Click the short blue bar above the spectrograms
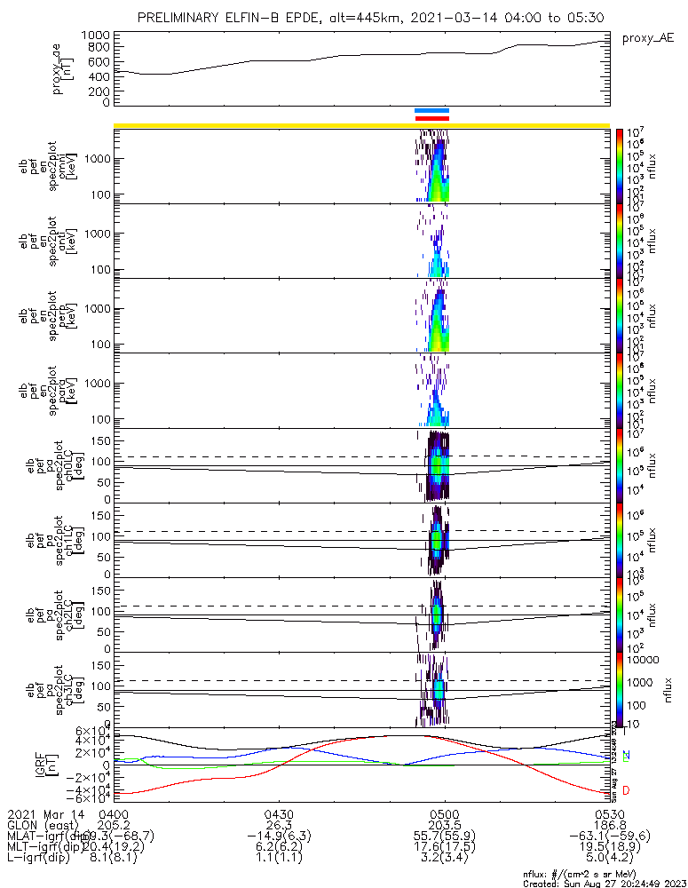click(x=432, y=111)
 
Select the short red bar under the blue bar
click(x=432, y=118)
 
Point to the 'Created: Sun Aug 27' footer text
click(x=604, y=884)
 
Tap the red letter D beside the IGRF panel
click(x=628, y=790)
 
